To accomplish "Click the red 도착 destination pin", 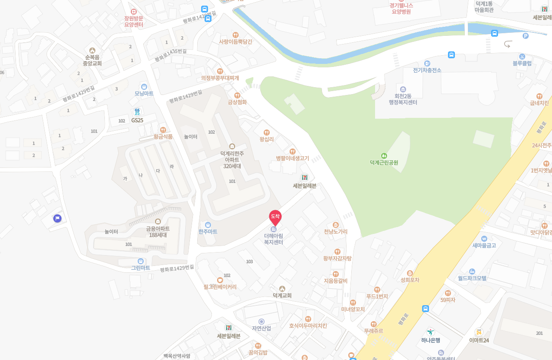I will point(275,217).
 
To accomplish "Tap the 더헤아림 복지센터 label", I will point(274,239).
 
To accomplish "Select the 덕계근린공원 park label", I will point(384,163).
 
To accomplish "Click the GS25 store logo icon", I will point(137,112).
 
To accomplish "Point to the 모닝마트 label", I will point(144,93).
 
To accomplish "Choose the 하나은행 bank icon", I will point(430,332).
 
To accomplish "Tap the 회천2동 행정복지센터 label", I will point(403,99).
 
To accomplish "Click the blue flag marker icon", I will point(57,218).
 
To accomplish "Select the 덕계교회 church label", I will point(282,295).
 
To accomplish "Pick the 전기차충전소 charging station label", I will point(427,70).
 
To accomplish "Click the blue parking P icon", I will point(525,36).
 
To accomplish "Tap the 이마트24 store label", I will point(479,340).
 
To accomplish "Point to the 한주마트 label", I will point(208,232).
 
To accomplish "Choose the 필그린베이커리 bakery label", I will point(220,287).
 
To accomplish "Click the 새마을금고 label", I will point(484,245).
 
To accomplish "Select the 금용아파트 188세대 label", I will point(158,232).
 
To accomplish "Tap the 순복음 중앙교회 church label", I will point(92,60).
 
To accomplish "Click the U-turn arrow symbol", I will point(508,44).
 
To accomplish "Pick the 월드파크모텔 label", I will point(472,278).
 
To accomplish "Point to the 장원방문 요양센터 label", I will point(133,21).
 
